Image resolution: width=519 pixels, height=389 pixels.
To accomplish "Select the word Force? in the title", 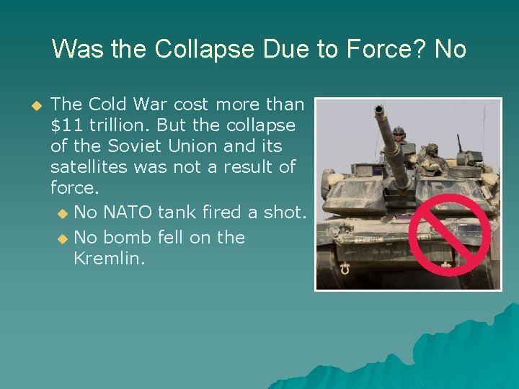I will coord(383,50).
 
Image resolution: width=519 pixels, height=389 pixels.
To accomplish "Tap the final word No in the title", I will coord(451,50).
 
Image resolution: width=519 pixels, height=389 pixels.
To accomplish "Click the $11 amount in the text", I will coord(67,125).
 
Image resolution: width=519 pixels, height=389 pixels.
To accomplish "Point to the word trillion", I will coord(117,125).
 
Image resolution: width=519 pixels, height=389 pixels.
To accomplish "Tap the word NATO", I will coord(128,213).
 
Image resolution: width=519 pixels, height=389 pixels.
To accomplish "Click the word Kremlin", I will coord(109,258).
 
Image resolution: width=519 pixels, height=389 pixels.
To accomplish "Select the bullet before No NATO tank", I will coord(63,213).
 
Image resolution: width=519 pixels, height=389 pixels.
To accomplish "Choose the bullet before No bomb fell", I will coord(63,238).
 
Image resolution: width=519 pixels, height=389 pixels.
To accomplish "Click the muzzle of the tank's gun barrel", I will coord(378,109).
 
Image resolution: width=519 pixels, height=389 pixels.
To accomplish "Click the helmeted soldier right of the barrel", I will coord(432,154).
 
